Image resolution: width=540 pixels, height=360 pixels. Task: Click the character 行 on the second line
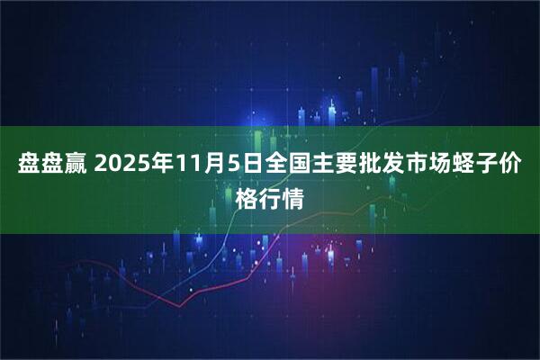[x=270, y=197]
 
